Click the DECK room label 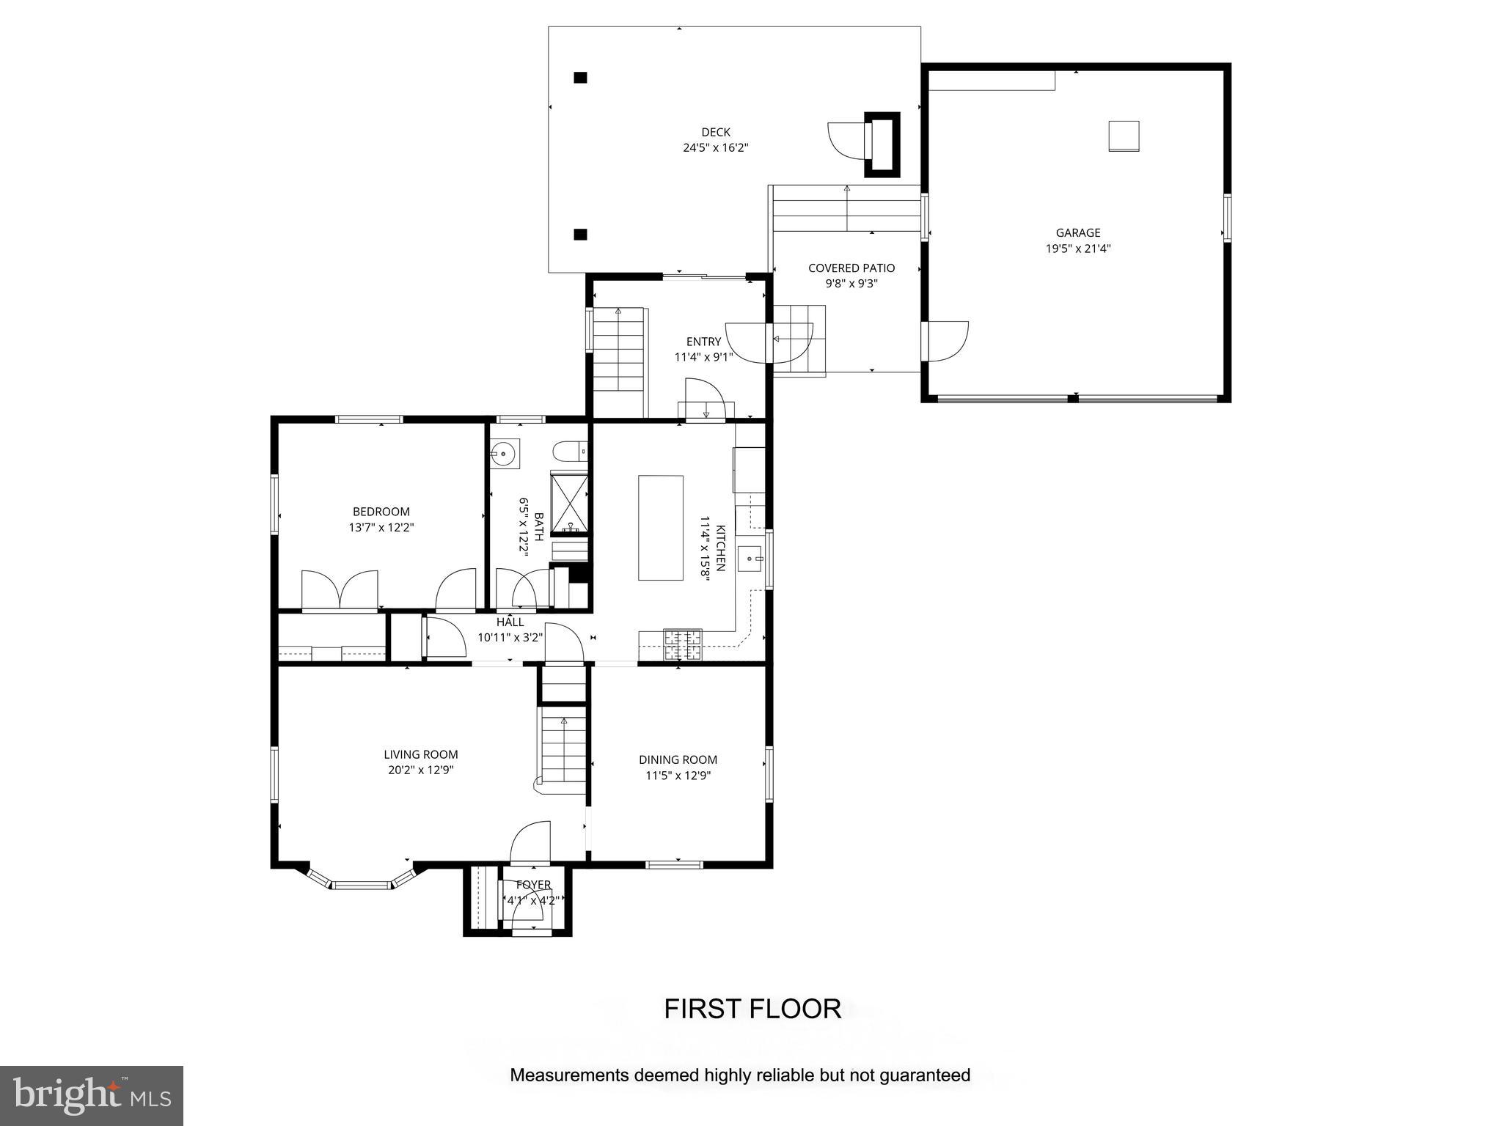tap(715, 132)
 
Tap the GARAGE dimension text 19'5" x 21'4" tap(1077, 249)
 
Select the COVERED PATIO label tap(851, 268)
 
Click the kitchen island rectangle tap(660, 528)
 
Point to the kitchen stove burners tap(682, 644)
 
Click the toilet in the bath tap(570, 449)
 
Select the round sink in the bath tap(505, 454)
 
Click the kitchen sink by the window tap(750, 559)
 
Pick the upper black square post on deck tap(580, 77)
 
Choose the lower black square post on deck tap(580, 235)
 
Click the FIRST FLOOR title tap(752, 1009)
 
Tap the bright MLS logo tap(92, 1095)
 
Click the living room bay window tap(360, 883)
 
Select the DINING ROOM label tap(677, 760)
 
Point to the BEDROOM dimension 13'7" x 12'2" tap(381, 527)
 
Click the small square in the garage tap(1123, 136)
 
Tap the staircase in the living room tap(563, 751)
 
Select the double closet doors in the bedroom tap(340, 590)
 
